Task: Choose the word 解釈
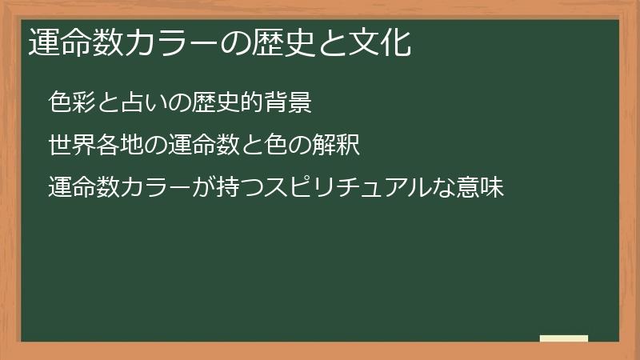[x=336, y=146]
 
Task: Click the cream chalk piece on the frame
[x=564, y=338]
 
